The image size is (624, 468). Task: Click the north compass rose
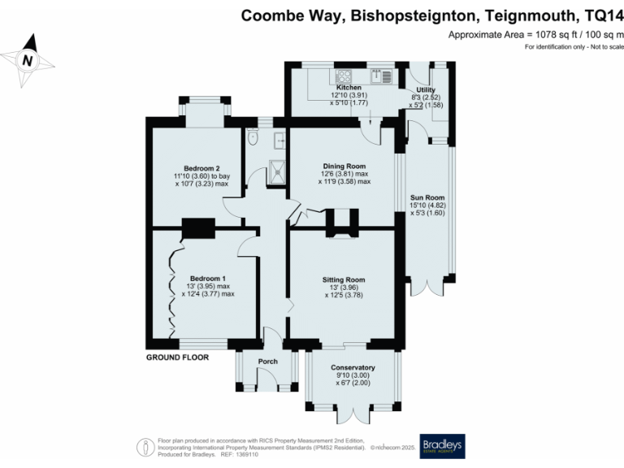[28, 60]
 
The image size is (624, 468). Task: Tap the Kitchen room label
[349, 87]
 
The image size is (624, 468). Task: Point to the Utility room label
[426, 89]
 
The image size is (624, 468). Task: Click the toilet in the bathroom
[253, 139]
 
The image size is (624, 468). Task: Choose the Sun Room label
[427, 197]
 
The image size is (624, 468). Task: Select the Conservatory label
[353, 367]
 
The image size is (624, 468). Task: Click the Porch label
[267, 362]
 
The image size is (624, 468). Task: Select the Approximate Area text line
[535, 35]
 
